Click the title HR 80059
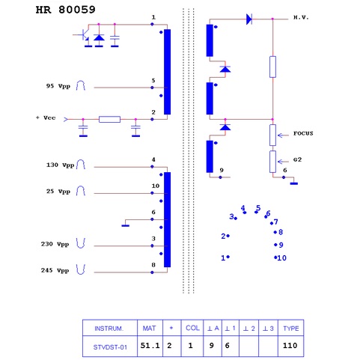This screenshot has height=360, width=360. pos(66,10)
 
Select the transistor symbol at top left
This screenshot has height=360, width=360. pos(83,35)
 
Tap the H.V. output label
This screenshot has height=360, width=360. pos(301,18)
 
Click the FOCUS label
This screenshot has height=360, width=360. pos(303,133)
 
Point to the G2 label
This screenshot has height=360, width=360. pos(297,159)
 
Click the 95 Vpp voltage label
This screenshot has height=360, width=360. pos(58,86)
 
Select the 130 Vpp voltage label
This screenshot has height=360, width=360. pos(60,165)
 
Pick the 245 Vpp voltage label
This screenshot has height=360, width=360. pos(55,271)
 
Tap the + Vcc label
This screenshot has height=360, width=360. pos(46,118)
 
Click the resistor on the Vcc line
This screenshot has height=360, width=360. pos(109,119)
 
